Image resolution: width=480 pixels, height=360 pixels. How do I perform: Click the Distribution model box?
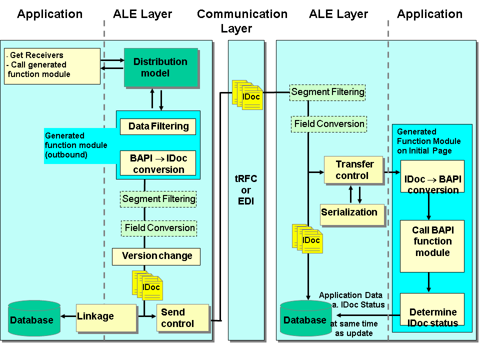click(x=160, y=67)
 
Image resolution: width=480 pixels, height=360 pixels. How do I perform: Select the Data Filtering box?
click(x=158, y=126)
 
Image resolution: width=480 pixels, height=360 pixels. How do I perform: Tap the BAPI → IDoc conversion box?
click(x=158, y=163)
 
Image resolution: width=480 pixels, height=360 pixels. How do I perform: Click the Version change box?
click(x=156, y=256)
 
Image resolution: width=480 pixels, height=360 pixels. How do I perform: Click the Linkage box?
click(x=106, y=317)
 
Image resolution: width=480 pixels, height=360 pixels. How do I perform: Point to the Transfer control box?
click(x=354, y=170)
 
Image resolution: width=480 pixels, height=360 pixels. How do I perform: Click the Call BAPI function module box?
click(x=432, y=241)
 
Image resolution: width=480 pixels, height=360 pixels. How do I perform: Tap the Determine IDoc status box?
click(x=432, y=312)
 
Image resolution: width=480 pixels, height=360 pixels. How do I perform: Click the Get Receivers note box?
click(x=52, y=65)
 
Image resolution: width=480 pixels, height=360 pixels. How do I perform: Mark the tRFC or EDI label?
click(x=246, y=190)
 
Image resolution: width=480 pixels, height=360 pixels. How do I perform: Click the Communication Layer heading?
click(x=242, y=20)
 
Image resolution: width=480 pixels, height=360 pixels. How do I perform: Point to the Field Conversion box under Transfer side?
click(x=329, y=124)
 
